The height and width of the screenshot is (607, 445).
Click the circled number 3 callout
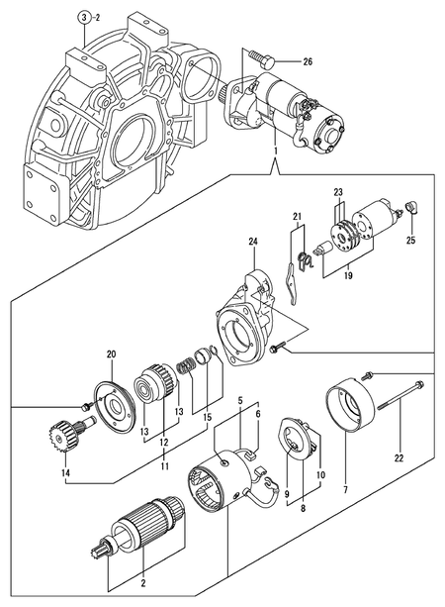point(85,18)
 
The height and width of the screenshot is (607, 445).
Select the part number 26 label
point(308,62)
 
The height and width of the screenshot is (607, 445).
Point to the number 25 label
point(411,241)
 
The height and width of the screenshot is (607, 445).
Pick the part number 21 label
point(296,218)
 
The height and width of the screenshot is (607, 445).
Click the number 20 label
point(111,354)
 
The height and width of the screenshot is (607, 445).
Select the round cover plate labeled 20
point(115,405)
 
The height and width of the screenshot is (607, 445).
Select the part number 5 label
point(238,400)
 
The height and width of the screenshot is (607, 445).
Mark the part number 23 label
point(338,192)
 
